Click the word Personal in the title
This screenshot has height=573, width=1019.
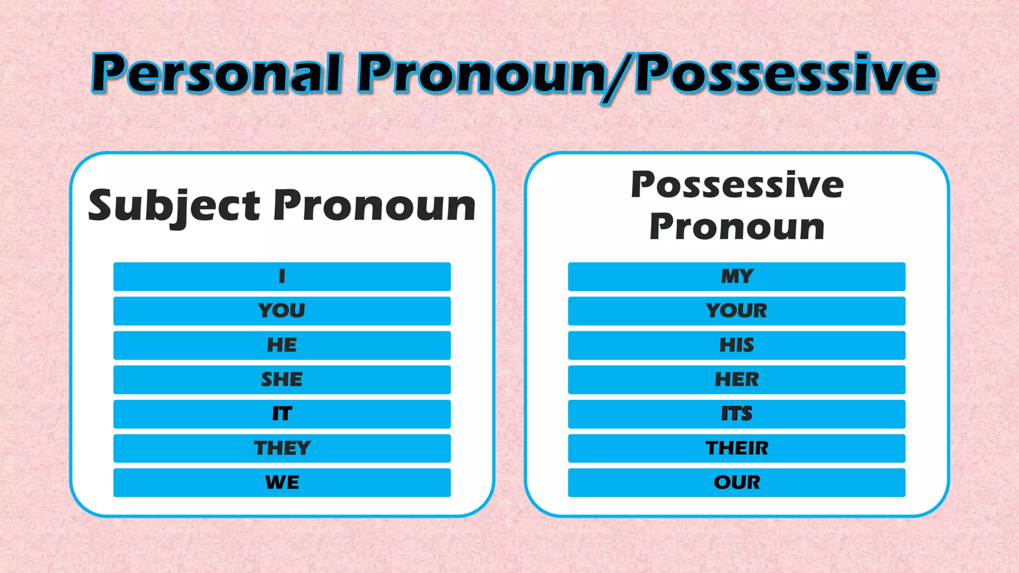[x=217, y=74]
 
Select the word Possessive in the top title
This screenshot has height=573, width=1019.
[x=786, y=74]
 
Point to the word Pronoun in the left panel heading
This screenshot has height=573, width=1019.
[x=375, y=205]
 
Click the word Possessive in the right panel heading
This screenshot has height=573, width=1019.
[x=737, y=185]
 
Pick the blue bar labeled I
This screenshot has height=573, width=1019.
[x=282, y=277]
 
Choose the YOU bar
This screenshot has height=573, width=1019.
[x=282, y=311]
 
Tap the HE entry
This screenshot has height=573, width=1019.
[x=282, y=345]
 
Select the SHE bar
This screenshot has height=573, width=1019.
[x=282, y=380]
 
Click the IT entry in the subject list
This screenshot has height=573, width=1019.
[x=282, y=414]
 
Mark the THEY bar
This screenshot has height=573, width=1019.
[x=282, y=448]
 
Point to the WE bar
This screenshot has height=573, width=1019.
[x=282, y=482]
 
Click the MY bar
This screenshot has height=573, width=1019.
[x=736, y=277]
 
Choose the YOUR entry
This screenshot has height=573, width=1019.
[x=736, y=311]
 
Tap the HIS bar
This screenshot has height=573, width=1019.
[x=736, y=345]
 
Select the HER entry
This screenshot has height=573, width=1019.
[x=736, y=380]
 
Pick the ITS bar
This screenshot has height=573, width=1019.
[x=736, y=414]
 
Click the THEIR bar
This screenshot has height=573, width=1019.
[x=736, y=448]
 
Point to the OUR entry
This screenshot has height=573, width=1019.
[x=736, y=482]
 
